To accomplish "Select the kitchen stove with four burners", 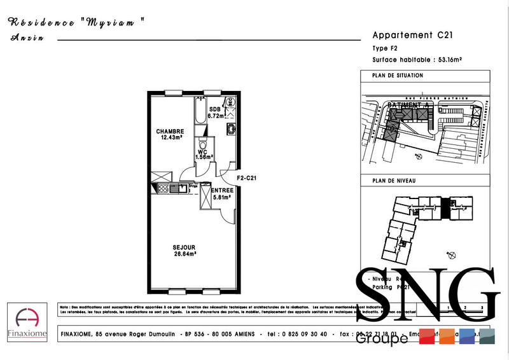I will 162,188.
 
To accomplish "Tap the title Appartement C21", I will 412,36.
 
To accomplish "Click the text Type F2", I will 384,49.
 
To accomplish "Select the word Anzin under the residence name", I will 27,38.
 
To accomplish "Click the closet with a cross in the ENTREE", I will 206,198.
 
